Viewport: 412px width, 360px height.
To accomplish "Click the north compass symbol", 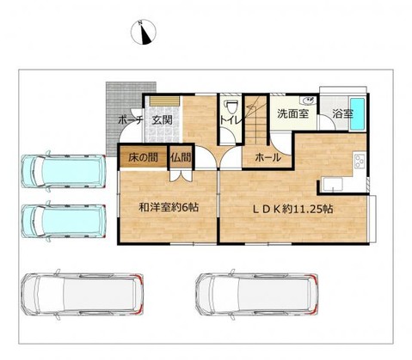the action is (x=144, y=32).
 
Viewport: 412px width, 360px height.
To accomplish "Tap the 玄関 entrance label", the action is (x=162, y=120).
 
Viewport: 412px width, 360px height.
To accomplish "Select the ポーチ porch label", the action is (x=130, y=120).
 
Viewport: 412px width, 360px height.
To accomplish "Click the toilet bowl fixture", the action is (x=231, y=107).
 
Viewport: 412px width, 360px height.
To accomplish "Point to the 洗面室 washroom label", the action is (x=292, y=113).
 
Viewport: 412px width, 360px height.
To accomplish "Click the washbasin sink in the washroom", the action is (x=308, y=101).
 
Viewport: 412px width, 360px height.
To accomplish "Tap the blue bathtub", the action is (x=357, y=113).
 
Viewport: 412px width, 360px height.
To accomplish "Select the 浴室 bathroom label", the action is (x=342, y=114).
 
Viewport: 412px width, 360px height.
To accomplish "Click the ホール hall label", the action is (x=267, y=157).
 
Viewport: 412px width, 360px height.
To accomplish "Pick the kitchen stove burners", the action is (x=360, y=162).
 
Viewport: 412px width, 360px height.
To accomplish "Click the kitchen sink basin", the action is (x=332, y=185).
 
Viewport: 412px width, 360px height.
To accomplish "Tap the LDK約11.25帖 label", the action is (x=292, y=210).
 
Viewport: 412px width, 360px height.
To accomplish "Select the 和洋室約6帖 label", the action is (x=169, y=207).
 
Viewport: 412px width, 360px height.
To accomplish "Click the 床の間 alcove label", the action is (x=143, y=157).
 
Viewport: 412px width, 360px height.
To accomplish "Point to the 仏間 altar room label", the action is (x=181, y=157).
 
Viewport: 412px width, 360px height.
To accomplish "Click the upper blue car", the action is (x=64, y=171).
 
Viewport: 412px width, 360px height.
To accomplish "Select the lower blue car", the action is (x=64, y=221).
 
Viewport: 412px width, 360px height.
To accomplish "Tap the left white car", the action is (x=83, y=294).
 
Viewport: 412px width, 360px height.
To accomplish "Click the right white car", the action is (x=257, y=294).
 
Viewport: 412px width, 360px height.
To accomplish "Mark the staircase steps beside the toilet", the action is (x=255, y=120).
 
